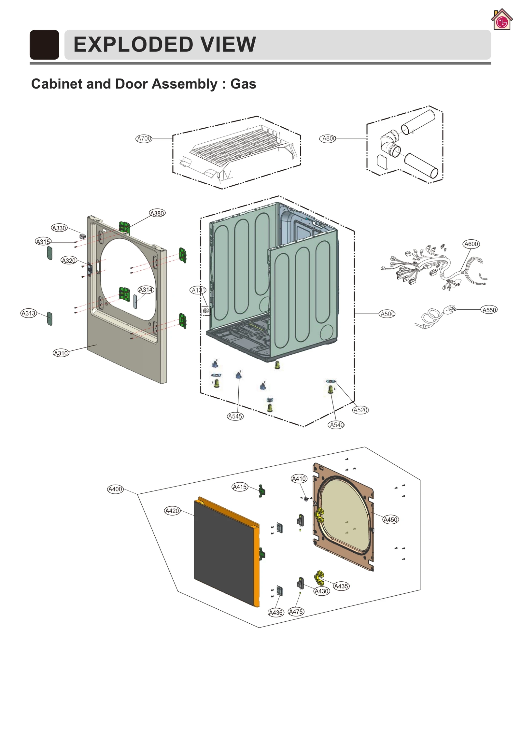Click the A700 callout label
[144, 138]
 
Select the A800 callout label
[328, 138]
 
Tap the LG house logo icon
[501, 20]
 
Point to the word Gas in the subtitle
[243, 84]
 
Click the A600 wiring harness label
[471, 244]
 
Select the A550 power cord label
[489, 310]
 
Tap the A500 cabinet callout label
[387, 314]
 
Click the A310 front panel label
[61, 353]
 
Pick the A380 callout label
[157, 213]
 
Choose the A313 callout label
[28, 313]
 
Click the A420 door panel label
[172, 511]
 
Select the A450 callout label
[390, 519]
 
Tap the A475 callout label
[296, 612]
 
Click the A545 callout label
[235, 416]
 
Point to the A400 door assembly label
[115, 489]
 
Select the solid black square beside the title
[44, 45]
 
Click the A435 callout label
[341, 586]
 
